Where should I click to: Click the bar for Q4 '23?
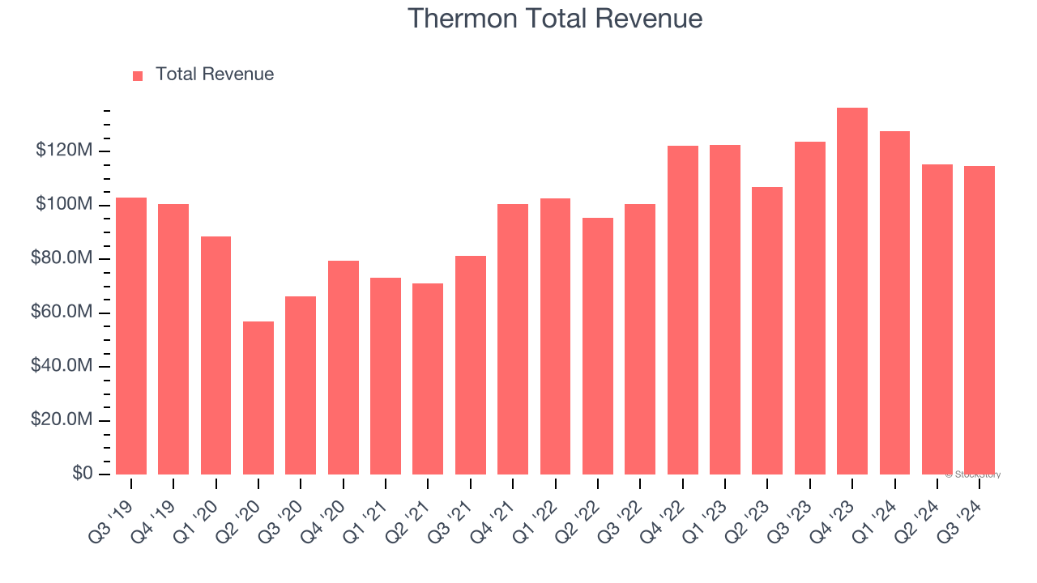(x=852, y=291)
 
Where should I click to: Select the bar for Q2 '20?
(x=258, y=398)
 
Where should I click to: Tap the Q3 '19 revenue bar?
(x=131, y=336)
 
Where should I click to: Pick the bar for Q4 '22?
(x=683, y=310)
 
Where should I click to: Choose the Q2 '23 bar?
(x=767, y=330)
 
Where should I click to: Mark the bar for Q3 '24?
(x=979, y=320)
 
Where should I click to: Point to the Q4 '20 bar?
(x=344, y=368)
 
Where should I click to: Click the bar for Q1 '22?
(x=555, y=336)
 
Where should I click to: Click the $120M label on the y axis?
(x=64, y=151)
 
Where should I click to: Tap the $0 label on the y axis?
(x=83, y=474)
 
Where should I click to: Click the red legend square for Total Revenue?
(x=138, y=75)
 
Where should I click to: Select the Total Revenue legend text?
(x=215, y=74)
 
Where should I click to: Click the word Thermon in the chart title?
(x=456, y=18)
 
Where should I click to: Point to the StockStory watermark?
(x=973, y=474)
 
